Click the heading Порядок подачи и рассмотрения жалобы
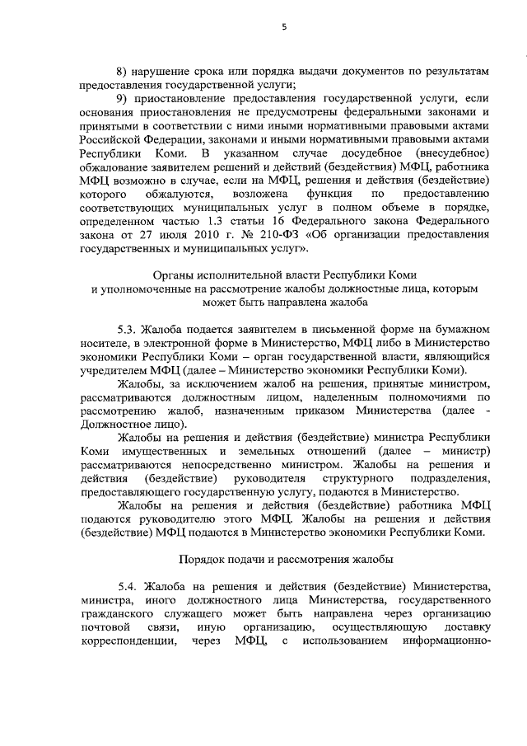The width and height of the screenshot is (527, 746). pyautogui.click(x=285, y=558)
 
